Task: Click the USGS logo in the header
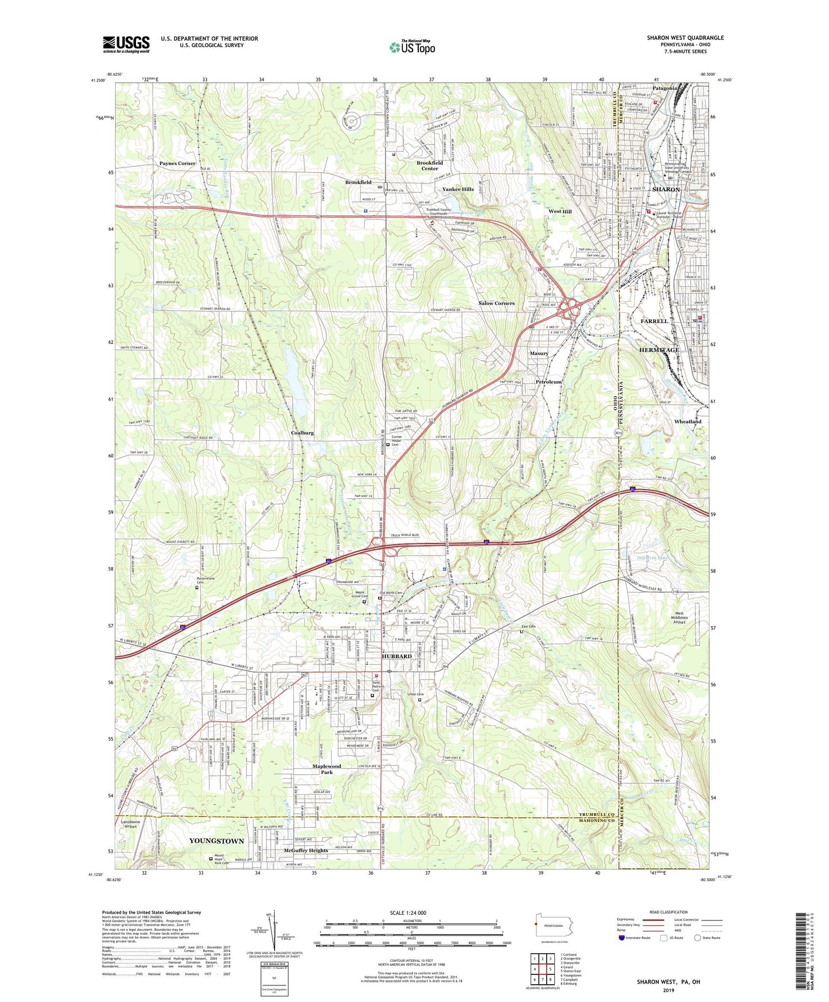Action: click(x=126, y=44)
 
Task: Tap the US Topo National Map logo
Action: click(x=412, y=47)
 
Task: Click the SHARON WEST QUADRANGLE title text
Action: click(x=685, y=38)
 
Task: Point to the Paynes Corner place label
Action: click(x=177, y=164)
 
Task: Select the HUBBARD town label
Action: click(x=396, y=656)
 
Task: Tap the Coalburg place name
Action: click(x=302, y=433)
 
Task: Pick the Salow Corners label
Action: click(x=496, y=303)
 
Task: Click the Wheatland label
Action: click(x=687, y=421)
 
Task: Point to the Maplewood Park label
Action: click(x=326, y=769)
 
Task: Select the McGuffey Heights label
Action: click(x=306, y=850)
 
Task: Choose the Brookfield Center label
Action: click(x=430, y=166)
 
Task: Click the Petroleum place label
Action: click(x=548, y=382)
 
